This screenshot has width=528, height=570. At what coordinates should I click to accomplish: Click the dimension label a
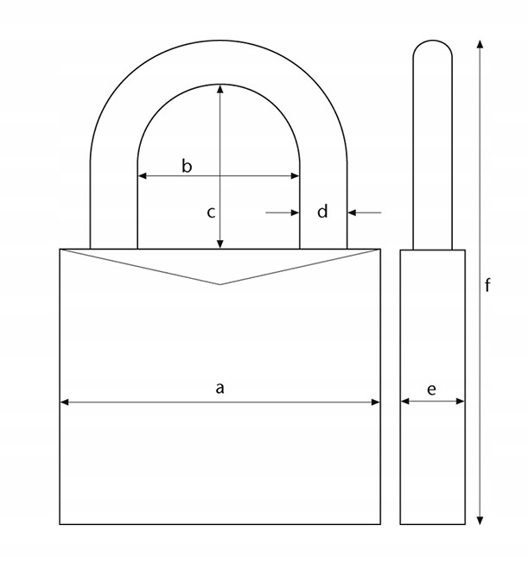click(x=219, y=389)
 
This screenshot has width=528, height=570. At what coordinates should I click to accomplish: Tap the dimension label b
click(x=187, y=166)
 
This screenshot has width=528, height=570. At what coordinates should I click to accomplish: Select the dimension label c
click(x=210, y=212)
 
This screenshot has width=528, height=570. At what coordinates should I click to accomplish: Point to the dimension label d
click(x=322, y=211)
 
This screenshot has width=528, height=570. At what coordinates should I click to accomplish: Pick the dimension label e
click(x=431, y=389)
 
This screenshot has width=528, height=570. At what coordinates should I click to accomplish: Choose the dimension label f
click(x=488, y=285)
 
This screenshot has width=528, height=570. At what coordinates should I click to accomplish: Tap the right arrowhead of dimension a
click(x=376, y=402)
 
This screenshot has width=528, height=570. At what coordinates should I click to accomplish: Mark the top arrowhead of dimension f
click(x=480, y=42)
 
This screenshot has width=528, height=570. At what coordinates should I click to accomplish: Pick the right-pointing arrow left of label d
click(x=295, y=211)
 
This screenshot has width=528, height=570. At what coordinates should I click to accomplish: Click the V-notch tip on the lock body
click(x=220, y=284)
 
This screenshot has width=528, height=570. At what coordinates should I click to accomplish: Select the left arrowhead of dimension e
click(x=404, y=402)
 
